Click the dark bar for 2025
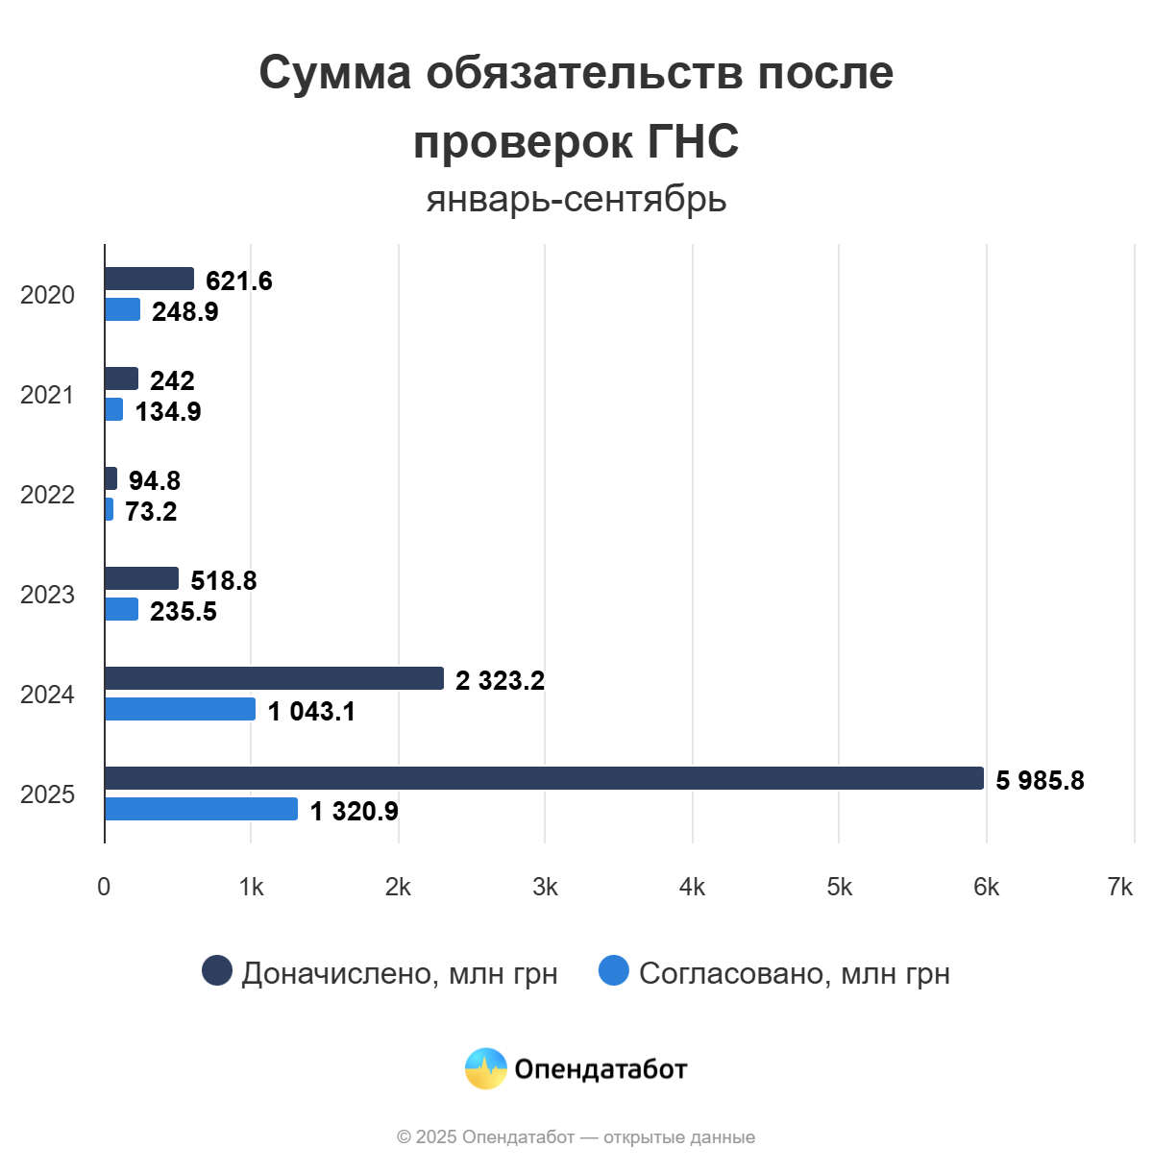pos(544,778)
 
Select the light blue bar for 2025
pos(201,809)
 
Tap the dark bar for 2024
pos(274,678)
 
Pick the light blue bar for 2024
pos(180,709)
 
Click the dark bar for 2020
pos(149,279)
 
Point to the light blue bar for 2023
pos(121,609)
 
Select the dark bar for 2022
pos(110,478)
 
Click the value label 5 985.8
pos(1040,780)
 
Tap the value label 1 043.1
pos(311,711)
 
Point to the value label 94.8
pos(155,480)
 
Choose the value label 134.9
pos(168,411)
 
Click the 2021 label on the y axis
pos(47,395)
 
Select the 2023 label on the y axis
pos(47,595)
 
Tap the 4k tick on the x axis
pos(692,887)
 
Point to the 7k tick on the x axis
pos(1119,887)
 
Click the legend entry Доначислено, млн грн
pos(380,972)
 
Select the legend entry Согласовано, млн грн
pos(774,972)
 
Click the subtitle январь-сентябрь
pos(576,199)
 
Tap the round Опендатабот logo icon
pos(485,1068)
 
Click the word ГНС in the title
pos(692,141)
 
